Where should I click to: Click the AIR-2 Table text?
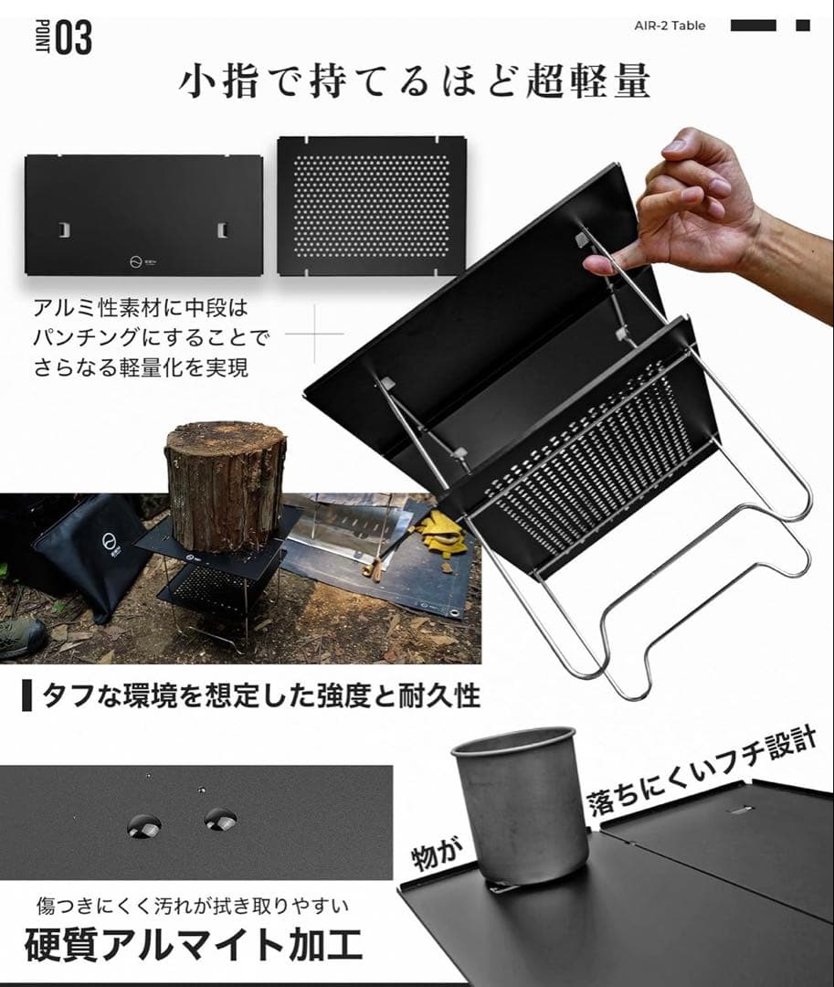(x=670, y=26)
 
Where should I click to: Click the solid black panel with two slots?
(x=143, y=215)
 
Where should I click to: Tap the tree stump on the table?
(x=225, y=484)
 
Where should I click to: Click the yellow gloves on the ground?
(x=439, y=535)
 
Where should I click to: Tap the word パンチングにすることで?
(x=152, y=338)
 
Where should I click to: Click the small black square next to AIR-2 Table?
(x=803, y=26)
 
